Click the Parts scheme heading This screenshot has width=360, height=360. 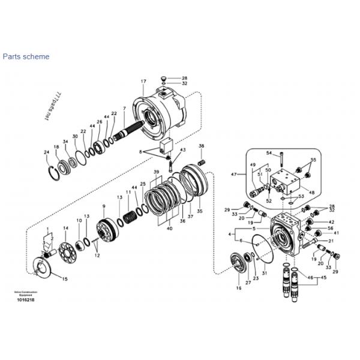click(26, 56)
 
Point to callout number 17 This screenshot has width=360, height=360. click(143, 81)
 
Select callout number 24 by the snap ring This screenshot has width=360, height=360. click(46, 152)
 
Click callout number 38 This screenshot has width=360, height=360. click(202, 146)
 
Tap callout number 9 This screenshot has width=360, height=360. click(104, 206)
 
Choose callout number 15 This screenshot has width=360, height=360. click(65, 279)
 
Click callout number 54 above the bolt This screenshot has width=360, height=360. click(269, 152)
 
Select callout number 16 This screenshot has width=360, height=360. click(238, 289)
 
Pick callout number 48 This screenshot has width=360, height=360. click(312, 193)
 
